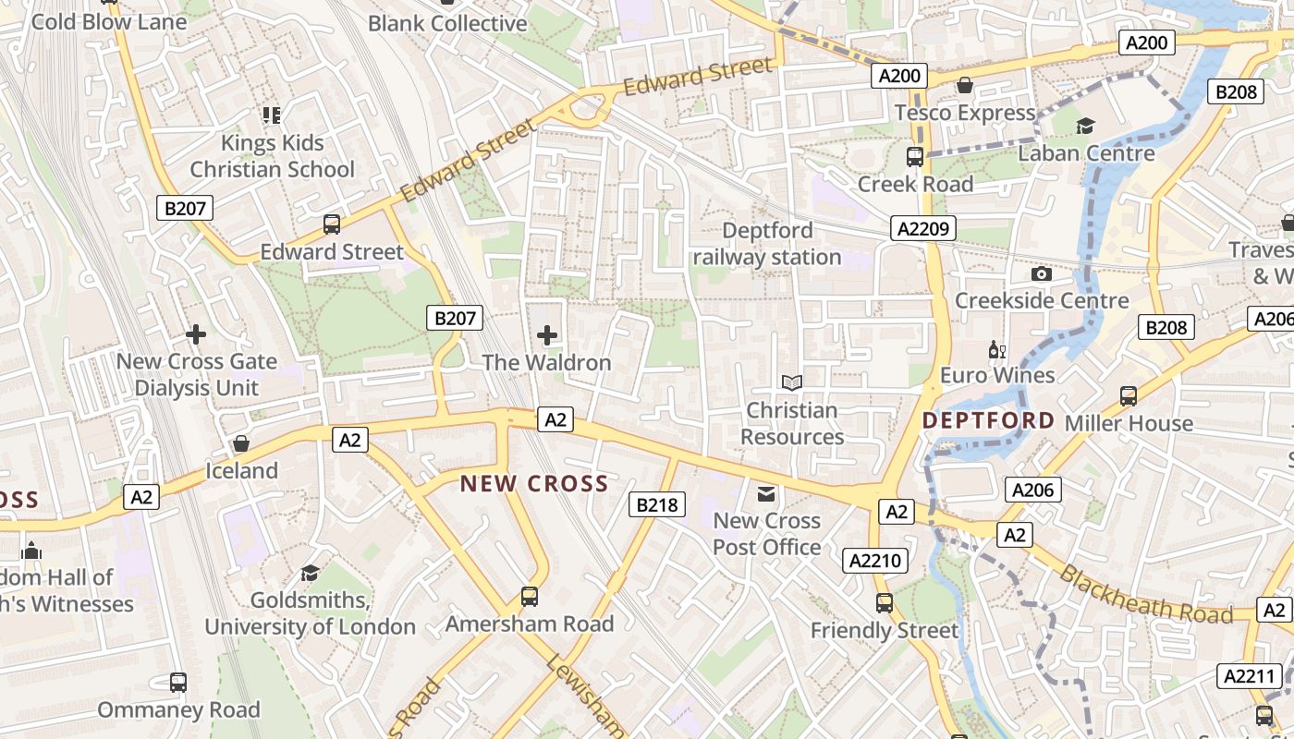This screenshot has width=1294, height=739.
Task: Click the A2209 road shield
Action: click(923, 228)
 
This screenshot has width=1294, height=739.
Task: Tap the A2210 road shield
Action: click(876, 560)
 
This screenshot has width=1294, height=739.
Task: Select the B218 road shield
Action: click(657, 504)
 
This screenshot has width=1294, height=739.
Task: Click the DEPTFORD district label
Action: click(988, 420)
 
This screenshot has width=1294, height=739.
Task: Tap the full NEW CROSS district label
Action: click(534, 483)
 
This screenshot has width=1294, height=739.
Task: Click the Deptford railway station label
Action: click(767, 244)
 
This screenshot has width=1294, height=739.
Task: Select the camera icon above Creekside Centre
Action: click(1042, 273)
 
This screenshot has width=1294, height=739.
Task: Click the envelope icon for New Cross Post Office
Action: click(766, 494)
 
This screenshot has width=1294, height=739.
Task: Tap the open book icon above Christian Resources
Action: click(791, 382)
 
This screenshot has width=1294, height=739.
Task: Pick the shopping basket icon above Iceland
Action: click(241, 443)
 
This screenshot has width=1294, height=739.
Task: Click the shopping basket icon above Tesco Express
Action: click(965, 86)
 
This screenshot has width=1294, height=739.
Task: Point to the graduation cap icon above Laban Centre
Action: click(1085, 126)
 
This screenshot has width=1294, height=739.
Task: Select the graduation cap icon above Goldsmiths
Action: click(310, 573)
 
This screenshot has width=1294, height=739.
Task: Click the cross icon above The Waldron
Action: click(547, 334)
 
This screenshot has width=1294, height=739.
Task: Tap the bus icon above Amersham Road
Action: click(530, 597)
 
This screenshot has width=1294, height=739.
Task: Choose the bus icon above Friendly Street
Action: click(885, 603)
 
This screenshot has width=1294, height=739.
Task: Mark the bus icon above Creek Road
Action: click(915, 156)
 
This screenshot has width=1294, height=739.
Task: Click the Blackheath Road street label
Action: click(1145, 596)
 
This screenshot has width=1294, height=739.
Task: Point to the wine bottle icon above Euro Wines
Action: click(996, 349)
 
